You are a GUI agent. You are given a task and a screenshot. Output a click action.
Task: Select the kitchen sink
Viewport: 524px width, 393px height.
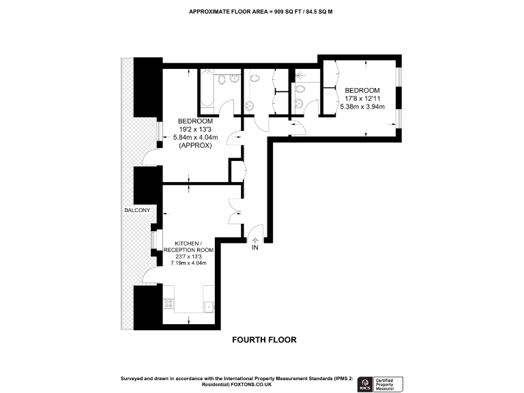pyautogui.click(x=209, y=305)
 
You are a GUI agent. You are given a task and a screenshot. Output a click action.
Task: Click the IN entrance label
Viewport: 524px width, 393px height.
pyautogui.click(x=255, y=248)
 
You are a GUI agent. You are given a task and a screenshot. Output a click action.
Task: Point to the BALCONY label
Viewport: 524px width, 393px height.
pyautogui.click(x=136, y=209)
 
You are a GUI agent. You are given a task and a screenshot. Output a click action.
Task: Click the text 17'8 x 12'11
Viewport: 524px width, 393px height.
pyautogui.click(x=362, y=99)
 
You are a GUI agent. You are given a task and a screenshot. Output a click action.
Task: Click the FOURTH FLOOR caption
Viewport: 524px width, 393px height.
pyautogui.click(x=264, y=340)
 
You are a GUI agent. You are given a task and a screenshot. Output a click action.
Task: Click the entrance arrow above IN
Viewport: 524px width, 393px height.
pyautogui.click(x=255, y=239)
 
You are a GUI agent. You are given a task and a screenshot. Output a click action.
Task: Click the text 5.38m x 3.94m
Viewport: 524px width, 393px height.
pyautogui.click(x=362, y=107)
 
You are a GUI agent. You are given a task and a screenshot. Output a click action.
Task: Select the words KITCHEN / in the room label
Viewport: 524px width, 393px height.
pyautogui.click(x=188, y=244)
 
